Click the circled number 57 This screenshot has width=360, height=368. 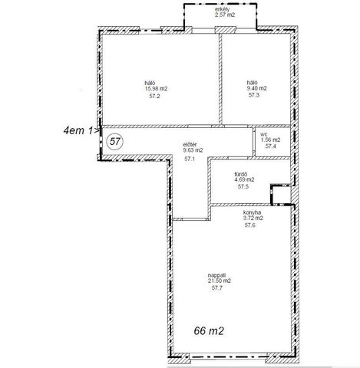tap(114, 141)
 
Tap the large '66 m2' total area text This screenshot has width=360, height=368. tap(209, 331)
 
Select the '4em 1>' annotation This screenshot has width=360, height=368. tap(81, 130)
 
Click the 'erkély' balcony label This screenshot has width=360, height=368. tap(223, 9)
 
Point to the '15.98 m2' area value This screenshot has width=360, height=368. tap(156, 89)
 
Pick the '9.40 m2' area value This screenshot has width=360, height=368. tap(256, 88)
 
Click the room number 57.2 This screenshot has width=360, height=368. tap(154, 96)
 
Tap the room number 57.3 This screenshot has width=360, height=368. tap(254, 95)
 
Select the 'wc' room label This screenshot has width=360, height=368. tap(263, 134)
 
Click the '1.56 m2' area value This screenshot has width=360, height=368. tap(270, 140)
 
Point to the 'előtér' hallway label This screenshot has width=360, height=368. tap(190, 145)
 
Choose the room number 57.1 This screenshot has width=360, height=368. tap(190, 159)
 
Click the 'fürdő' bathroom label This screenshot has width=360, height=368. tap(241, 174)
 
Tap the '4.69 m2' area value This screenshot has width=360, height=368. tap(245, 179)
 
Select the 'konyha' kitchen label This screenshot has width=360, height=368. tap(252, 212)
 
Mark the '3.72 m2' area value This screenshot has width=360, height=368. tap(253, 218)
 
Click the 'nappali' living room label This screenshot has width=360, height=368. tap(216, 275)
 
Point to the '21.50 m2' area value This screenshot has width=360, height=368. tap(220, 281)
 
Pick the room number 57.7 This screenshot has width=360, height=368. tap(217, 288)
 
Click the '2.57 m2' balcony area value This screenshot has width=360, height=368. tap(225, 15)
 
